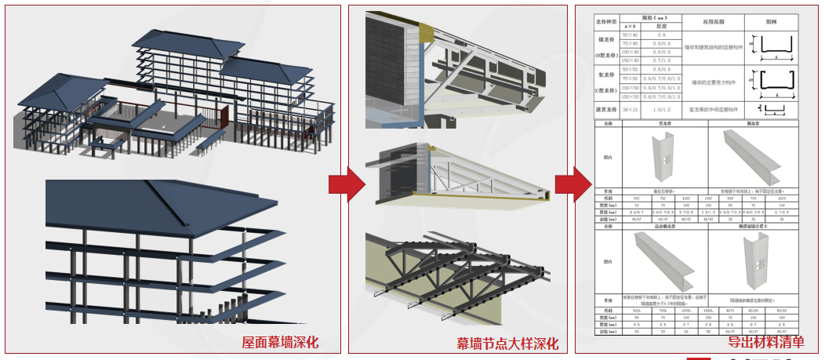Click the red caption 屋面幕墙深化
coord(280,343)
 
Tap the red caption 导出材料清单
coord(765,341)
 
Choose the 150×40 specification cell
coord(629,60)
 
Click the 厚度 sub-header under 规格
coord(662,26)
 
